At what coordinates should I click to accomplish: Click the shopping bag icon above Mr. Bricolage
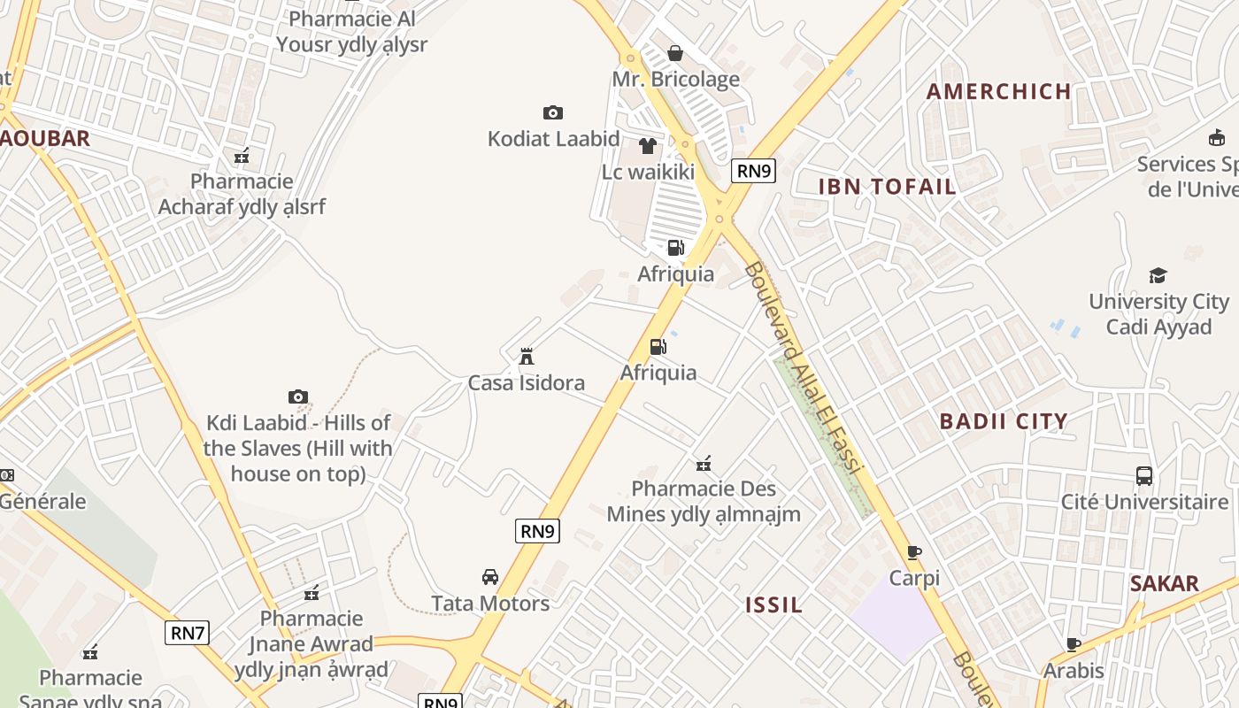675,53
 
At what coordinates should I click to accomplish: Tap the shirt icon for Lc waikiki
648,145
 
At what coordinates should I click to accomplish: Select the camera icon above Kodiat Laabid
553,112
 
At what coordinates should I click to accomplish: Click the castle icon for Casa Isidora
527,357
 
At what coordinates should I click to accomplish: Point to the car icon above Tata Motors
490,577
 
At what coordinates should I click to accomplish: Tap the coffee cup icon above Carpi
914,552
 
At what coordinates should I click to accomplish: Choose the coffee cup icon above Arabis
1074,644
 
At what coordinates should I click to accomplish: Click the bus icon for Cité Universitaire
1144,476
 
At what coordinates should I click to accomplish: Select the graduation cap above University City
1158,275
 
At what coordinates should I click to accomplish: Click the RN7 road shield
187,633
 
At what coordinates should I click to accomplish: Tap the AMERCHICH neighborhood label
999,91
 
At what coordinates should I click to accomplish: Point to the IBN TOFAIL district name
887,187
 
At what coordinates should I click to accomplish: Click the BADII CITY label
1004,421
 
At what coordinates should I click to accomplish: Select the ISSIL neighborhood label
774,605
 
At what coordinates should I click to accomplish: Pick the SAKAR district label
1164,584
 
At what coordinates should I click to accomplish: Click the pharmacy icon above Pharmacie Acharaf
242,157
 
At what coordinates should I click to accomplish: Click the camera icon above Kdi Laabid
298,396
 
